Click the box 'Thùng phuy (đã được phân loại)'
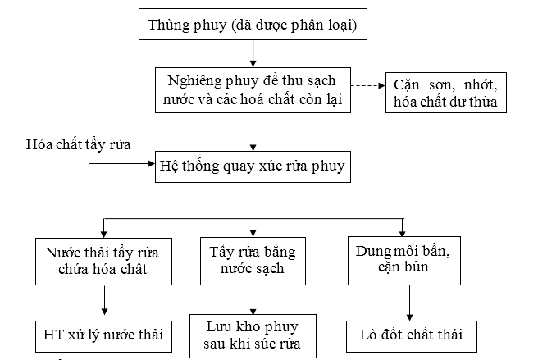coord(253,25)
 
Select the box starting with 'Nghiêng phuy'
coord(253,90)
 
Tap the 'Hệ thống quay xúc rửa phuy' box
coord(253,166)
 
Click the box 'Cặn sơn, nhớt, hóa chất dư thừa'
coord(446,93)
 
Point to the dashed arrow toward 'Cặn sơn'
coord(367,85)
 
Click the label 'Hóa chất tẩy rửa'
coord(78,144)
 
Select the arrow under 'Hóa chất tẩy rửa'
coord(122,164)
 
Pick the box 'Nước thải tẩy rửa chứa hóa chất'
coord(103,262)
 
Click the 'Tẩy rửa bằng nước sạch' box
coord(253,261)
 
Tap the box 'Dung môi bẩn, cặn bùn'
coord(404,261)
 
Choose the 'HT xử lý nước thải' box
coord(103,336)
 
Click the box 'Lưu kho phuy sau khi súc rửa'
coord(253,336)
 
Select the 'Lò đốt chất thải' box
coord(412,336)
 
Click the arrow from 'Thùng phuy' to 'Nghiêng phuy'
coord(253,53)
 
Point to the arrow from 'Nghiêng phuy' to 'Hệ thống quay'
coord(253,132)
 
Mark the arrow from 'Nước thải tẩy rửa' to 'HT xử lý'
coord(105,300)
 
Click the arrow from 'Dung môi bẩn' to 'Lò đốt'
coord(410,303)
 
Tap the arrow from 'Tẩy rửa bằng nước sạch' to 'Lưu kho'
coord(253,299)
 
